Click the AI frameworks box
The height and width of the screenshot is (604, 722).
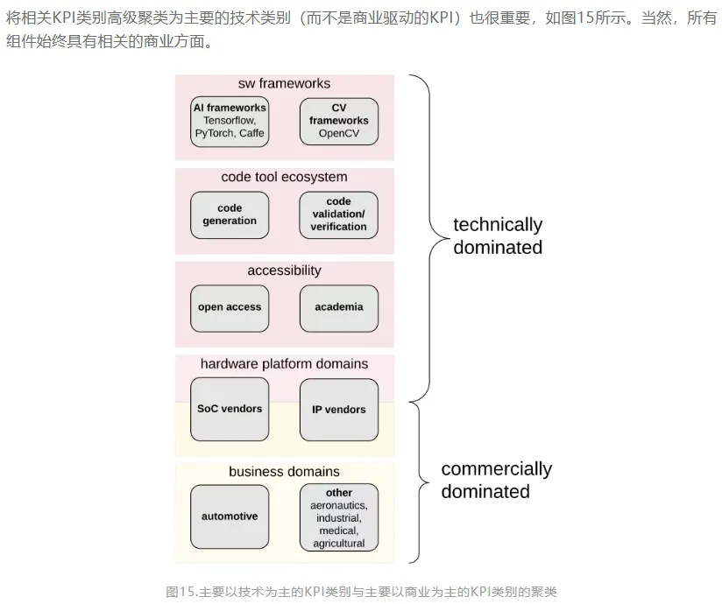tap(230, 121)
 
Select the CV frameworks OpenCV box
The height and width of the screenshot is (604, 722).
tap(339, 121)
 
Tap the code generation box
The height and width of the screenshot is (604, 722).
tap(230, 214)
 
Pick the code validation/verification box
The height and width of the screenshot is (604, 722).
tap(339, 214)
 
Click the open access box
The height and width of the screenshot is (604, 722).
tap(230, 307)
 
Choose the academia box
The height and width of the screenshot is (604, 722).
tap(339, 307)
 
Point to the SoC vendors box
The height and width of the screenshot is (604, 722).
tap(230, 409)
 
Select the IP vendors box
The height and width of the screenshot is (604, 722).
tap(339, 409)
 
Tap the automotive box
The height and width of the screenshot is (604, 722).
tap(230, 516)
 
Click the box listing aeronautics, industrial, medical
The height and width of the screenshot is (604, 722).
tap(339, 517)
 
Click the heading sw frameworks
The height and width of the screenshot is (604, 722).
tap(284, 84)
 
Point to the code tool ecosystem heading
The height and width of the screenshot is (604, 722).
tap(284, 177)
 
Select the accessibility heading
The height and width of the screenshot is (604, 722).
tap(284, 270)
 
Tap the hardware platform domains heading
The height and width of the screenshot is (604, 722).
tap(284, 363)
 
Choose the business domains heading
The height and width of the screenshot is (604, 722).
tap(284, 472)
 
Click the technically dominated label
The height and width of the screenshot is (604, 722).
tap(498, 236)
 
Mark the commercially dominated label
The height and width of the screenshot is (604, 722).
tap(496, 480)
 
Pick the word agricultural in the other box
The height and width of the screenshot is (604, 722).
tap(339, 543)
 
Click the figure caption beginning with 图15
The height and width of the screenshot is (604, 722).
tap(361, 592)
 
